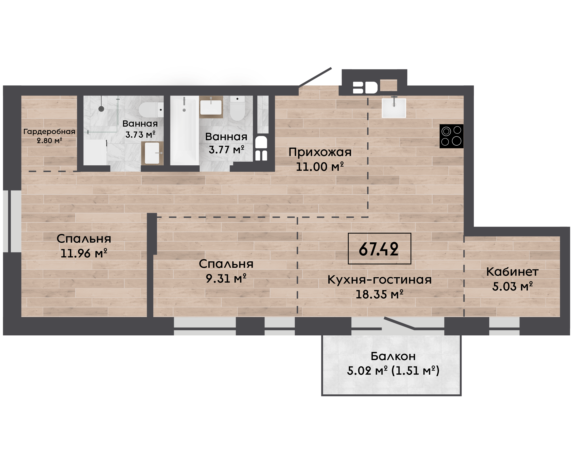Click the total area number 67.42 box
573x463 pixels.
point(379,249)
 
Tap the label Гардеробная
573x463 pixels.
point(49,132)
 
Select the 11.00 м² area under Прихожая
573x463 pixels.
point(320,167)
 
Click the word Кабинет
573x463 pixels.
point(512,272)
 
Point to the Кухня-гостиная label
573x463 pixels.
point(379,280)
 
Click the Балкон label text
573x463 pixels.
point(393,356)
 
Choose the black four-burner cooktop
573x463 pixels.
point(451,136)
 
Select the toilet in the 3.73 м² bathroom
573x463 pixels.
point(151,110)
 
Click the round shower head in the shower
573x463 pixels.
point(101,109)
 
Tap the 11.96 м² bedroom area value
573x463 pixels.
point(84,253)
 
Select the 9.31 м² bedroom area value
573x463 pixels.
point(226,278)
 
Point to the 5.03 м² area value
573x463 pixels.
point(512,287)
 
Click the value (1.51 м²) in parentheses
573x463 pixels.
point(415,371)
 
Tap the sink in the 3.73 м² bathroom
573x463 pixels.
point(152,153)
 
